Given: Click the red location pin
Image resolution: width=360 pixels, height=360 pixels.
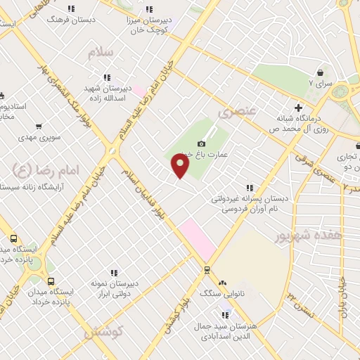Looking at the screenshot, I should [x=181, y=166].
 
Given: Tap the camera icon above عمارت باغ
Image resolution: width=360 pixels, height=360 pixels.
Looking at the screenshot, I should [x=202, y=143].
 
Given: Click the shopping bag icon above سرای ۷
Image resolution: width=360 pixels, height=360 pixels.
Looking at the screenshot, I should [x=321, y=72].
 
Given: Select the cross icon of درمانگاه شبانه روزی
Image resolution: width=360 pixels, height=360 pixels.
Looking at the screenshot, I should [x=298, y=108].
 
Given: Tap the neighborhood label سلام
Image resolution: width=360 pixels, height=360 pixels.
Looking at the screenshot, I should [x=101, y=53].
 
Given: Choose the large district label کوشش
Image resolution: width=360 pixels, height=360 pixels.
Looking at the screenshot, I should [x=104, y=331].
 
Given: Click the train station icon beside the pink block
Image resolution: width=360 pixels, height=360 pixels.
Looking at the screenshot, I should [x=207, y=269].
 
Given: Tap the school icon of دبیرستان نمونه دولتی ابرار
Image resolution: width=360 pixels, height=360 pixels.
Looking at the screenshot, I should [x=113, y=273].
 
